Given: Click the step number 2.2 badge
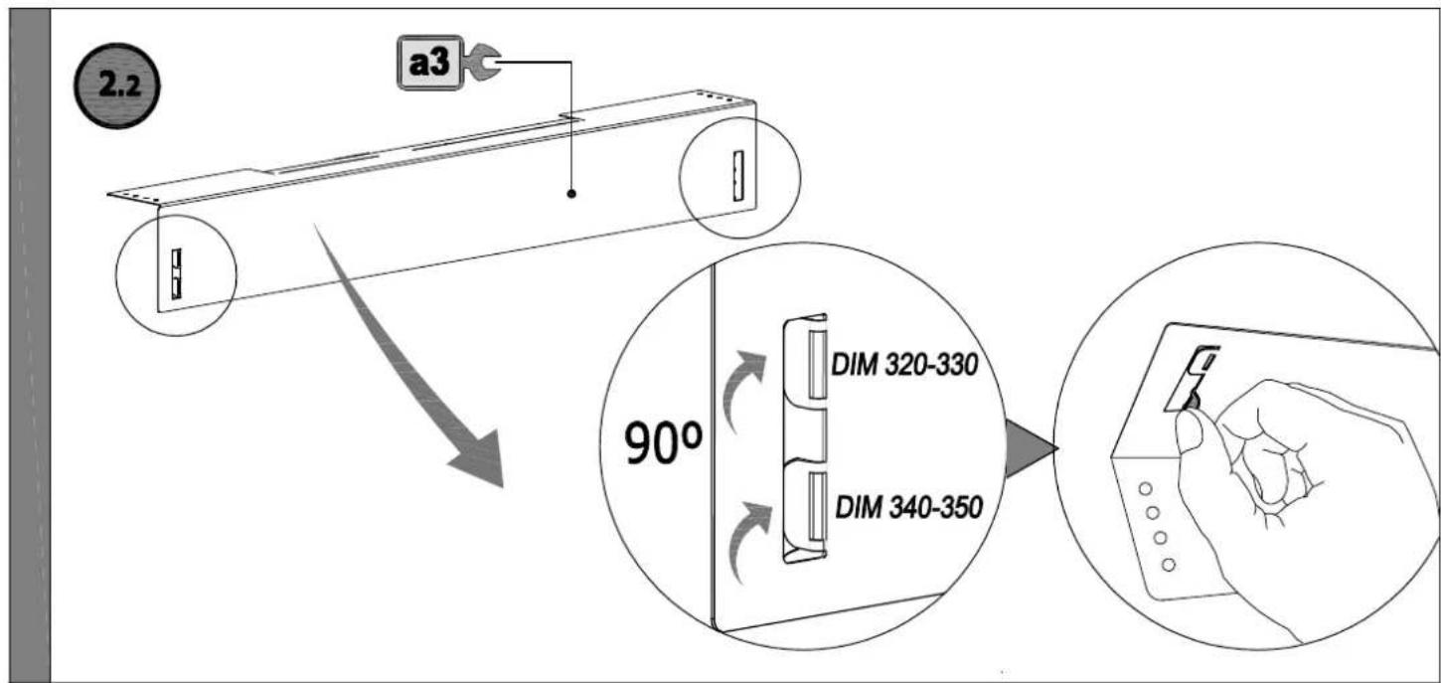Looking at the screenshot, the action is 117,85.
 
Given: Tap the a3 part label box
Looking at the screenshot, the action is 429,63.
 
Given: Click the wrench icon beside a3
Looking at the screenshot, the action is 481,63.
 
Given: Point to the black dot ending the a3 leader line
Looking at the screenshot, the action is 571,193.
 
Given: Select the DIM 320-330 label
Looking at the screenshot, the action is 904,365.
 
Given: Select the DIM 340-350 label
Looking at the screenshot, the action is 908,508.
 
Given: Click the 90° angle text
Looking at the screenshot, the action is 663,442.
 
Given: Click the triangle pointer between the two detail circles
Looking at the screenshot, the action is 1031,448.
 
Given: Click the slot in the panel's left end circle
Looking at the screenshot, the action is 176,274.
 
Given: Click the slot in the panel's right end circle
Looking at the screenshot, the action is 737,175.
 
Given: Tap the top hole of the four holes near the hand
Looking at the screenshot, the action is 1145,489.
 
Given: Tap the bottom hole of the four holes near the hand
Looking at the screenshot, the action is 1169,566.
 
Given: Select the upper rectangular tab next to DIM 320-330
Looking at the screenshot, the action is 817,364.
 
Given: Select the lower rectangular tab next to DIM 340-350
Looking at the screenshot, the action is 818,507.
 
